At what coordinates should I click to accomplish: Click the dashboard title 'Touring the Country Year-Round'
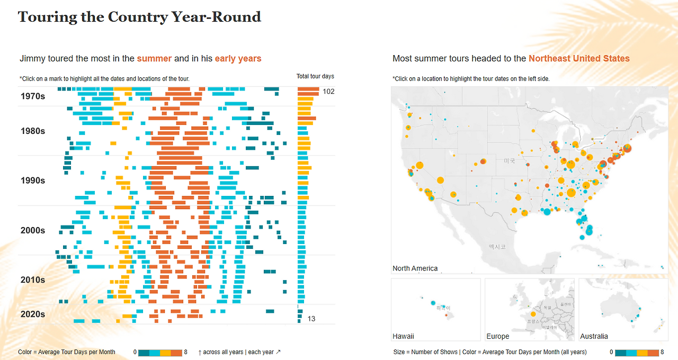[x=139, y=17]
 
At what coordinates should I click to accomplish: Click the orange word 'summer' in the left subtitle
[x=154, y=59]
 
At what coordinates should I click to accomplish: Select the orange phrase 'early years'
[x=238, y=59]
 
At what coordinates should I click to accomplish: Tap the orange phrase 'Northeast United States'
[x=579, y=59]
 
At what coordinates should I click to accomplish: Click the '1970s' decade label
[x=33, y=96]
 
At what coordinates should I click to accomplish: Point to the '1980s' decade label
[x=33, y=131]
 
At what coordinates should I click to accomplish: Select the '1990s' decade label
[x=33, y=181]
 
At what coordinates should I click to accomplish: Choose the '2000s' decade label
[x=33, y=230]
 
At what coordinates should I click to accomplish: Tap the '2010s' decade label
[x=33, y=280]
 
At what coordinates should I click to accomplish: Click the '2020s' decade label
[x=33, y=314]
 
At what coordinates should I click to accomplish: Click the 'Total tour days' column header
[x=315, y=77]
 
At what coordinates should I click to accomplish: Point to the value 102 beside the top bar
[x=328, y=92]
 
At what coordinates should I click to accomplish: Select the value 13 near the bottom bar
[x=311, y=319]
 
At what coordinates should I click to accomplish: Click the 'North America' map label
[x=415, y=268]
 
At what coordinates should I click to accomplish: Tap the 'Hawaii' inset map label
[x=403, y=336]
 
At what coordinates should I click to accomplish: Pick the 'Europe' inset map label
[x=497, y=336]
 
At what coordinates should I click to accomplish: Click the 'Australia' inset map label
[x=594, y=336]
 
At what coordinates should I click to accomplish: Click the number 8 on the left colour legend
[x=185, y=352]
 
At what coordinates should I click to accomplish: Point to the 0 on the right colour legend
[x=612, y=352]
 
